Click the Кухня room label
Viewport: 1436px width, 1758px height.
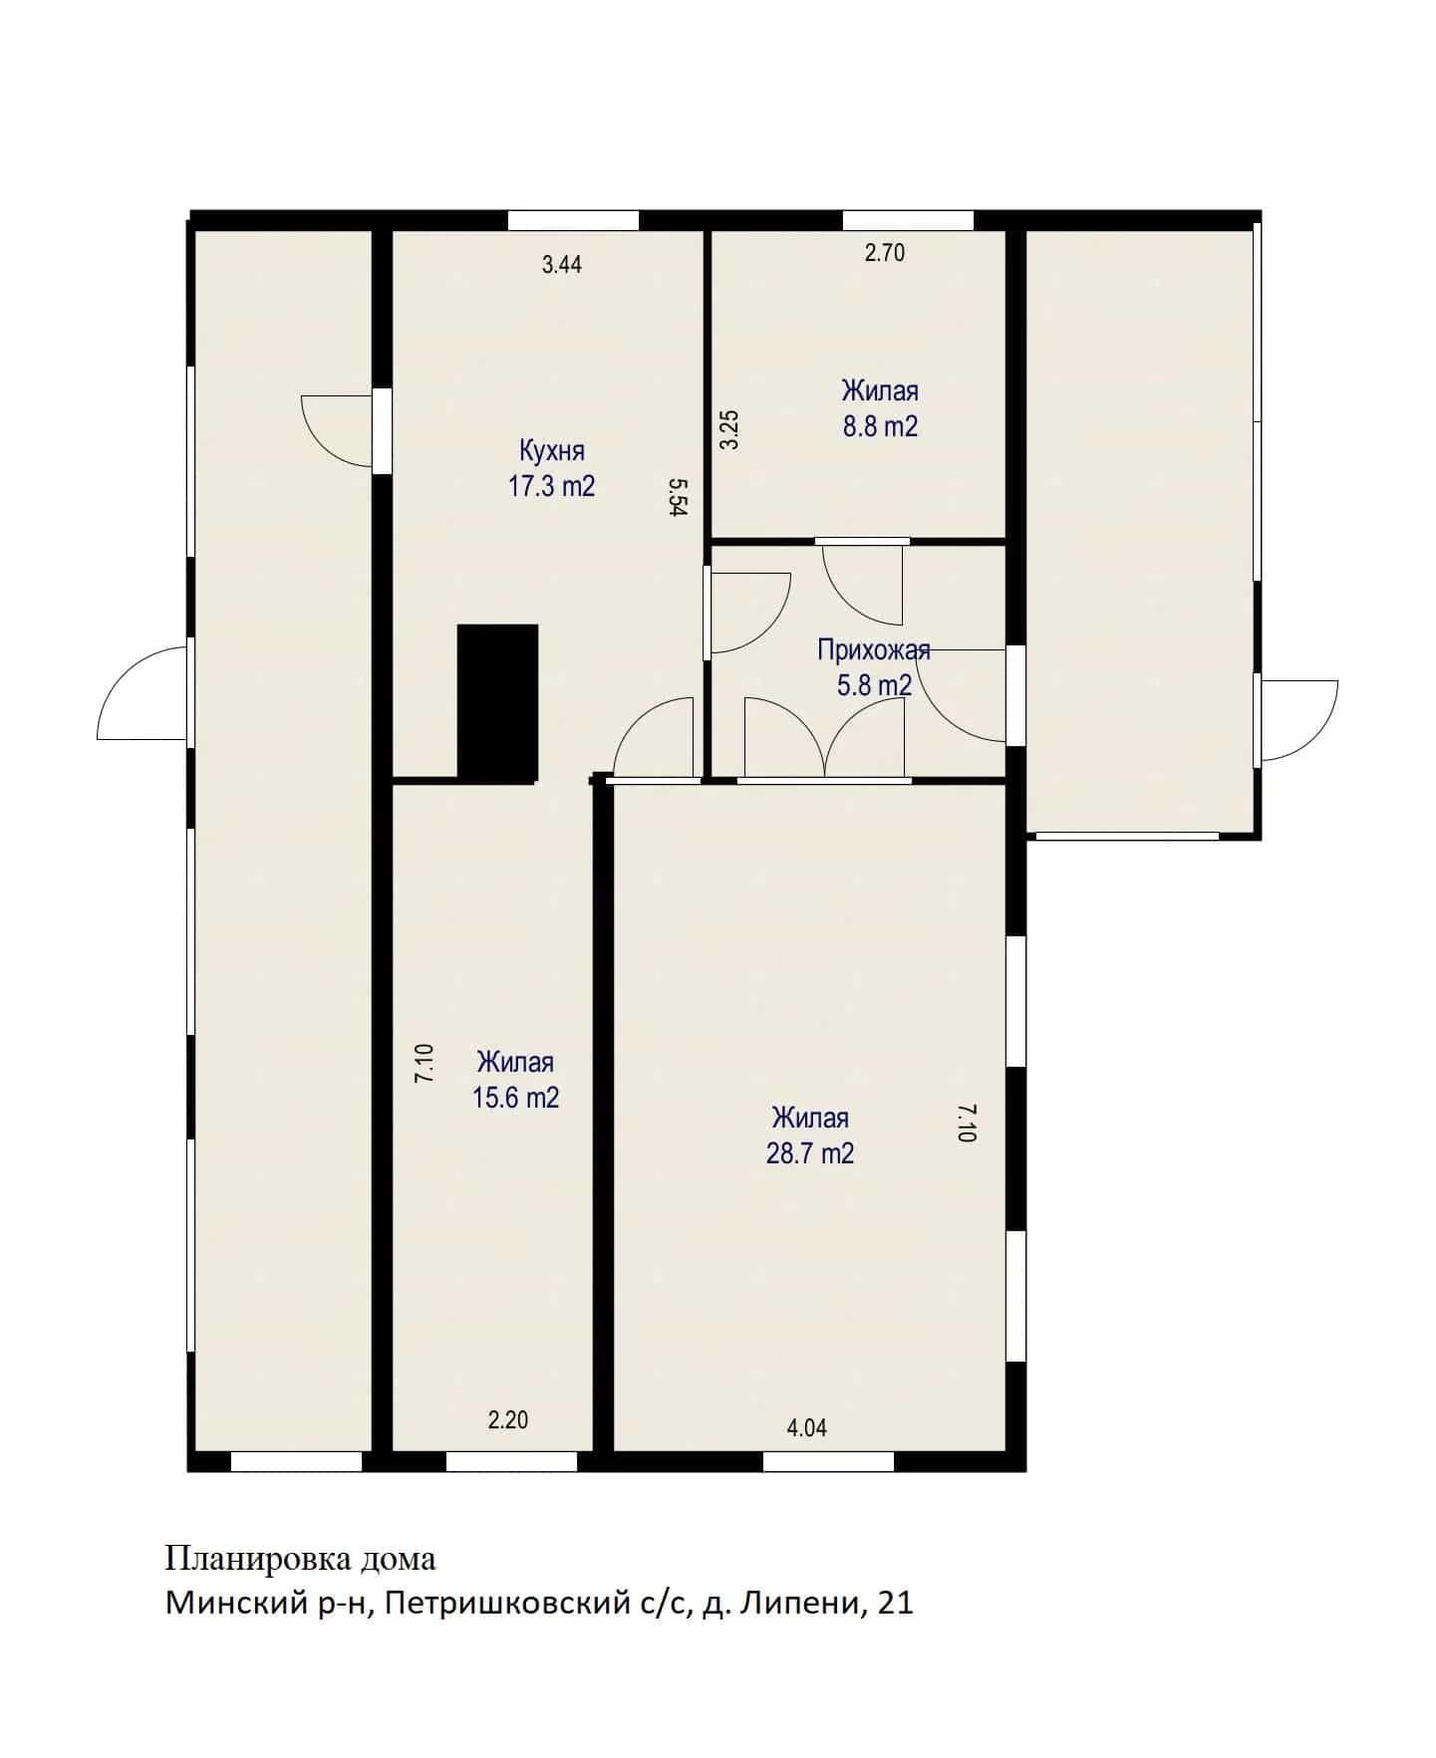point(551,450)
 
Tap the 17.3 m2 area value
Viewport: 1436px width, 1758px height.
point(551,486)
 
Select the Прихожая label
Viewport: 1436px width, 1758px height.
point(874,651)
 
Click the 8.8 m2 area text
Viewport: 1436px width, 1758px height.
point(880,426)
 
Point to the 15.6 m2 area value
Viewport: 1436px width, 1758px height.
point(515,1098)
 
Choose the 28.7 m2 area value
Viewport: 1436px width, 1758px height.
point(810,1153)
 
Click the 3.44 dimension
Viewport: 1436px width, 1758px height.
point(562,265)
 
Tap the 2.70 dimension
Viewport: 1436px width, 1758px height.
point(885,253)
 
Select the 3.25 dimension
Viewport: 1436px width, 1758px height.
point(729,430)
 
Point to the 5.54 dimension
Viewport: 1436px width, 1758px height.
point(679,497)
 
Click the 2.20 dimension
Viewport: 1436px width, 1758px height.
point(508,1420)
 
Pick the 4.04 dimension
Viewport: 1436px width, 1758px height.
point(807,1428)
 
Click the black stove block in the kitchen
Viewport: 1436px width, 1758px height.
point(497,702)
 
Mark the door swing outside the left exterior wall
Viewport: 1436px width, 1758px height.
point(143,694)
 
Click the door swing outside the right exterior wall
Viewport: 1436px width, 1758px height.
point(1299,720)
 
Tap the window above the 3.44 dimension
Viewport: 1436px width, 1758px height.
point(573,220)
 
